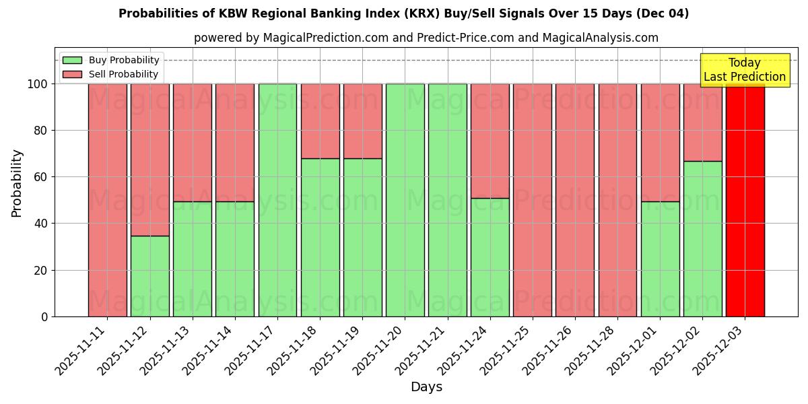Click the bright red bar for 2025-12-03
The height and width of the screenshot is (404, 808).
coord(745,200)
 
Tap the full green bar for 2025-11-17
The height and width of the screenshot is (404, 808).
coord(277,200)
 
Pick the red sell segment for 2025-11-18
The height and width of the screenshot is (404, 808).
coord(320,121)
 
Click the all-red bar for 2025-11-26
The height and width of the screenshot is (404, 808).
coord(575,200)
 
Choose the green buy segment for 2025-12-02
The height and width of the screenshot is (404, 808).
coord(702,238)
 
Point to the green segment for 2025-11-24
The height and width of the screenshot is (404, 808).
coord(490,257)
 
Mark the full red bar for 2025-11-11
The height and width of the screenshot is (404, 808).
coord(107,200)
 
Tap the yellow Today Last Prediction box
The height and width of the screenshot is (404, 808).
coord(744,70)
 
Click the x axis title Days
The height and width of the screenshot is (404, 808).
coord(426,387)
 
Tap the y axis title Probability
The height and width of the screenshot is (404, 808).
coord(17,183)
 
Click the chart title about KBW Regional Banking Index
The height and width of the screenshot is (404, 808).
coord(403,13)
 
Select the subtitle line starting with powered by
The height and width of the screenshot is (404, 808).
coord(426,38)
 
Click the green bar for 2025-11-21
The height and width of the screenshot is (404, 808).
coord(447,200)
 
